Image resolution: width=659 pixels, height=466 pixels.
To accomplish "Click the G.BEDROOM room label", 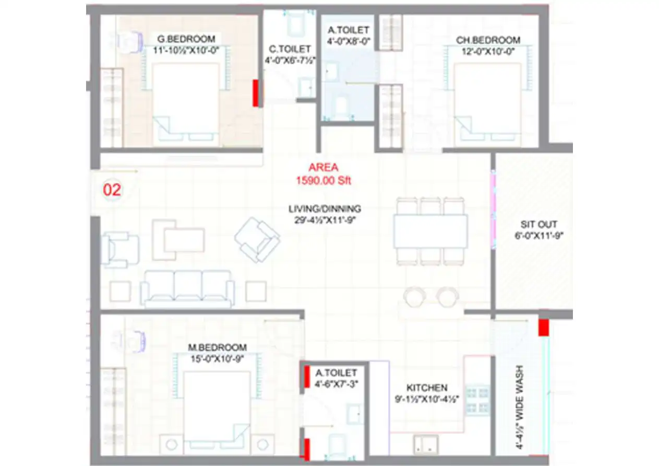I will coord(186,39).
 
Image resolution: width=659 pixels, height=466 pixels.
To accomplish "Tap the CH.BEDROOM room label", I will coord(488,40).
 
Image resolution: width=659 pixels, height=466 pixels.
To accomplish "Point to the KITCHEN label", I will coord(427,388).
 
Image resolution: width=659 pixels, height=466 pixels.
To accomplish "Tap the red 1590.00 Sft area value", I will coord(323,181).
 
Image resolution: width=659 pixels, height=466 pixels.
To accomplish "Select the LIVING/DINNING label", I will coord(325,209).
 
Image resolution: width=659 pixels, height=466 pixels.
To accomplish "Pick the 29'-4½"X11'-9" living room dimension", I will coord(325,220).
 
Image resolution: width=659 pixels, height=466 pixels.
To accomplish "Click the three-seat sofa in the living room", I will coord(187,289).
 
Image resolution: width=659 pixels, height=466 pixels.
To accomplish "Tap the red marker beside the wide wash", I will coord(544,327).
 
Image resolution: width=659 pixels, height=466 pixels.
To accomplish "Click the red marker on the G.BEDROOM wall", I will coord(256,94).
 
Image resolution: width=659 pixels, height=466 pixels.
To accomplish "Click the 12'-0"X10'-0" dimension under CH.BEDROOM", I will coord(488,51).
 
